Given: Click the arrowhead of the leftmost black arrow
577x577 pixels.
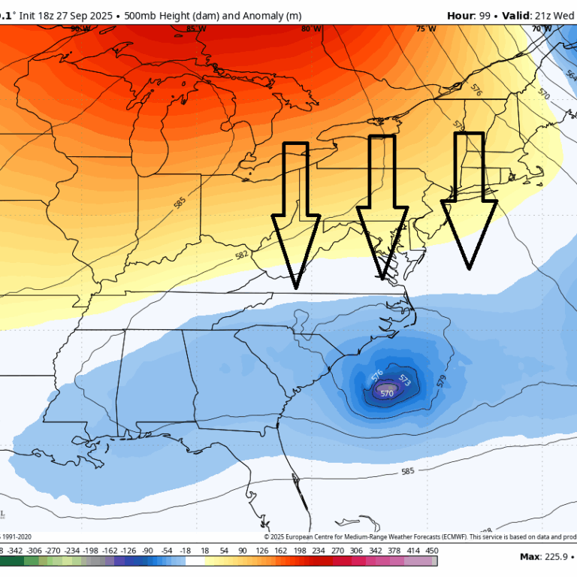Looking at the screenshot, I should (x=297, y=288).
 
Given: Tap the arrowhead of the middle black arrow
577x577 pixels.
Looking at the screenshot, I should (x=382, y=279).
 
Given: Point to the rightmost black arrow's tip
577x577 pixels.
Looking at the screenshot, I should (x=470, y=267).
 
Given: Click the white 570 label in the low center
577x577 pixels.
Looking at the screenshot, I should (x=387, y=393).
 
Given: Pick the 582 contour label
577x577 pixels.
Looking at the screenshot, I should (x=241, y=255).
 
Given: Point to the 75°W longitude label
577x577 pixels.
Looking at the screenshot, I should (x=426, y=29).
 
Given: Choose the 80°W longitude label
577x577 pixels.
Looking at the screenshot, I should (x=310, y=29).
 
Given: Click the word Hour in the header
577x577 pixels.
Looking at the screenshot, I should (x=461, y=15).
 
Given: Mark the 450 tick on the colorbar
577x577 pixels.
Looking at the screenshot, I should (x=431, y=550).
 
